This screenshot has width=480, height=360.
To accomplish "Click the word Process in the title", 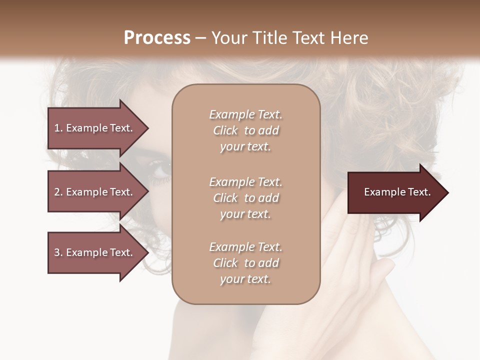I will [x=157, y=38].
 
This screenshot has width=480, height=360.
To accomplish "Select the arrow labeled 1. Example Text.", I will [x=95, y=128].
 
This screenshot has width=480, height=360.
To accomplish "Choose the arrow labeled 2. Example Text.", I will [x=95, y=192].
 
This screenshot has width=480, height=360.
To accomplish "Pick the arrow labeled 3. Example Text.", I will [x=95, y=252].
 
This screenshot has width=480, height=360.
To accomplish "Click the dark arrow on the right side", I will [x=395, y=192].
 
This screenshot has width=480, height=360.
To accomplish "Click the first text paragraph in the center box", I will [x=245, y=130].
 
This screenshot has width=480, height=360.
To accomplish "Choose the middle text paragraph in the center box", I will [x=245, y=198].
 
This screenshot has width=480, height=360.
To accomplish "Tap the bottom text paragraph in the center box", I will [x=245, y=263].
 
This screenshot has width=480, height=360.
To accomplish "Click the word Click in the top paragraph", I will [x=225, y=130].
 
